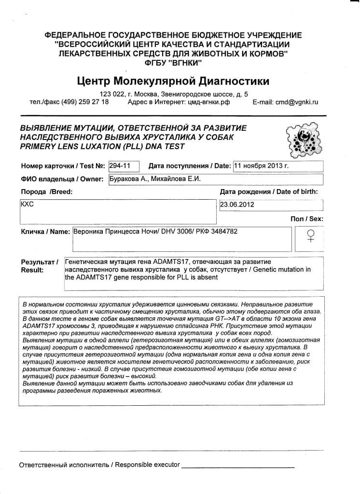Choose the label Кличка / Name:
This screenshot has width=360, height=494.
45,232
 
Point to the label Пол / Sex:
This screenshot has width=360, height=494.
307,219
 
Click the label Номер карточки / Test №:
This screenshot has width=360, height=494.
63,166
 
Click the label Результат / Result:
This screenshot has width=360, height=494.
39,266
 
